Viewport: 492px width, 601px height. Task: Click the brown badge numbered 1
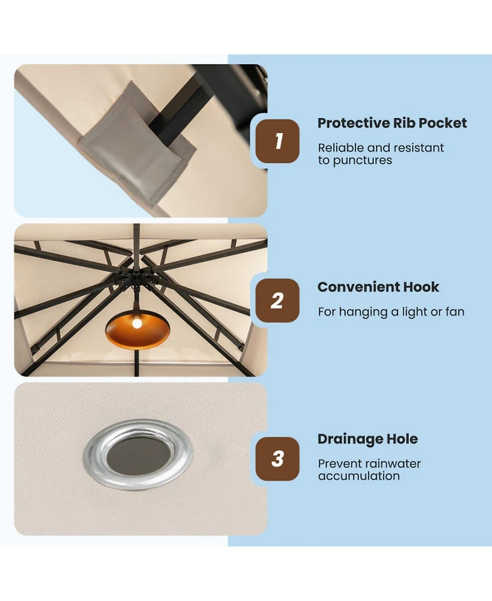[277, 141]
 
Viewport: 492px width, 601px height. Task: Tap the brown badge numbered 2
[277, 300]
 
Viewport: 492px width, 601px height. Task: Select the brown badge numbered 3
[277, 459]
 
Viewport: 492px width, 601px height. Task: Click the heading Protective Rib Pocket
[392, 123]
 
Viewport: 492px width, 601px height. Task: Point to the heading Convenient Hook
[378, 287]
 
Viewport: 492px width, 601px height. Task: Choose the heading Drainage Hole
[368, 439]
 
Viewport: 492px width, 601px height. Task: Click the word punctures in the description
[362, 160]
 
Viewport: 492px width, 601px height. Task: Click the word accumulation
[359, 476]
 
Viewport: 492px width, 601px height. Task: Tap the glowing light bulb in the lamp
[137, 323]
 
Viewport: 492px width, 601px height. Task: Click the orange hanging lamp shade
[138, 330]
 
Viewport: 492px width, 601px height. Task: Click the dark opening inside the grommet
[138, 455]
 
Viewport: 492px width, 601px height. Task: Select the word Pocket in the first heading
[443, 123]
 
